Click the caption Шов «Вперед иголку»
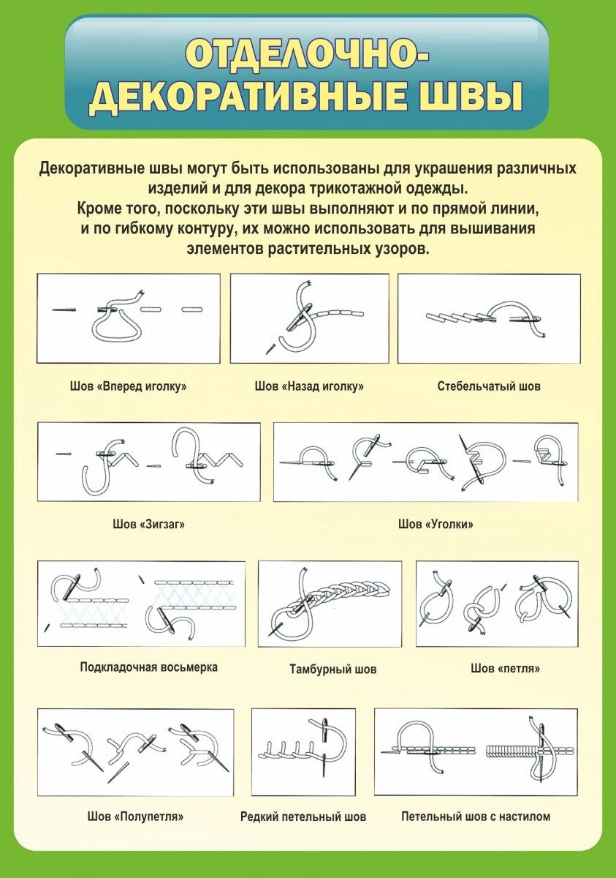[x=129, y=386]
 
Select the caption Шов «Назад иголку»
[x=309, y=386]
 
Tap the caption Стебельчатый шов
[x=489, y=386]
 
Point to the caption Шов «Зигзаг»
[x=149, y=524]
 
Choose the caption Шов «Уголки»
[x=436, y=524]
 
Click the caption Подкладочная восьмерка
[x=149, y=667]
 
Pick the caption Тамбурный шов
[x=333, y=669]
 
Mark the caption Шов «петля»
[x=505, y=668]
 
